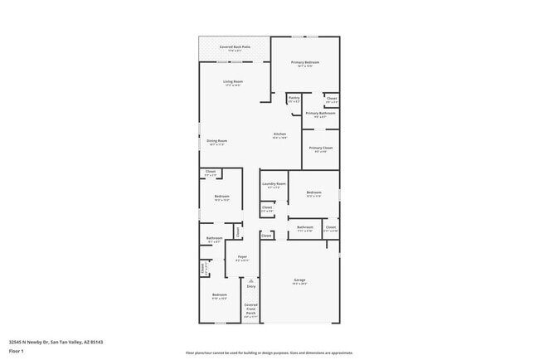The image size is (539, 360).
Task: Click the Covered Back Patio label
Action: (235, 47)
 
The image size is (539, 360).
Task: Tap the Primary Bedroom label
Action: (305, 63)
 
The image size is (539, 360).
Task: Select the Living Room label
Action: (233, 81)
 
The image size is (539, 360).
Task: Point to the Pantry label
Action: (294, 98)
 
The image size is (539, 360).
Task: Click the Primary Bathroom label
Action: (320, 114)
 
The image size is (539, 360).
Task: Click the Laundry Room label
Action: (274, 184)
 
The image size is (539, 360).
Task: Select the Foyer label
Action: (242, 257)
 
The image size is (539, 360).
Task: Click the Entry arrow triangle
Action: (250, 280)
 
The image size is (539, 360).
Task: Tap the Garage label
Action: (299, 280)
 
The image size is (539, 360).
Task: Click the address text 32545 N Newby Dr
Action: (28, 341)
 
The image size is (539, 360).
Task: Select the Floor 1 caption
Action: (17, 351)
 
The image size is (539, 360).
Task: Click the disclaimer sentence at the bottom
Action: (269, 353)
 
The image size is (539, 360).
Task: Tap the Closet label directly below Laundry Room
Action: (266, 208)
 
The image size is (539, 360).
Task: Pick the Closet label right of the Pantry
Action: (332, 98)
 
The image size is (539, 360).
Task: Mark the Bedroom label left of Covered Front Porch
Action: (219, 295)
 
